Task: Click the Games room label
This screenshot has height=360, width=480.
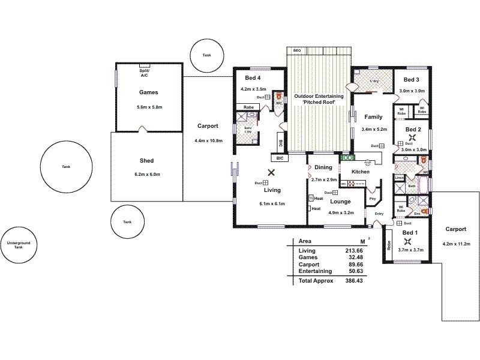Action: coord(148,93)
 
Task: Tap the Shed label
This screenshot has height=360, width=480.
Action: coord(146,161)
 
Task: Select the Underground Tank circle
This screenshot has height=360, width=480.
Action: coord(18,245)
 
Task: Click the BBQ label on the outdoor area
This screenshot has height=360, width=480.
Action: coord(296,50)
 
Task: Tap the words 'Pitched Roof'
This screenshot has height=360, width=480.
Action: coord(318,103)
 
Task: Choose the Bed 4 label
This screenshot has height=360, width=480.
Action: coord(253,78)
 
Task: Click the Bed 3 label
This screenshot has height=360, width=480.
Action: coord(411,80)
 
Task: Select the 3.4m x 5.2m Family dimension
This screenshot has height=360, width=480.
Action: coord(374,129)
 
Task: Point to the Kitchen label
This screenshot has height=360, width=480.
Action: coord(360,172)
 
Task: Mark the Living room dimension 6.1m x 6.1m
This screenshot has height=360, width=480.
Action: coord(272,203)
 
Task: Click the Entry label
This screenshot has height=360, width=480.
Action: coord(379,214)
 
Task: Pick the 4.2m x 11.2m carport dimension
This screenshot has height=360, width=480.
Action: coord(457,244)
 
